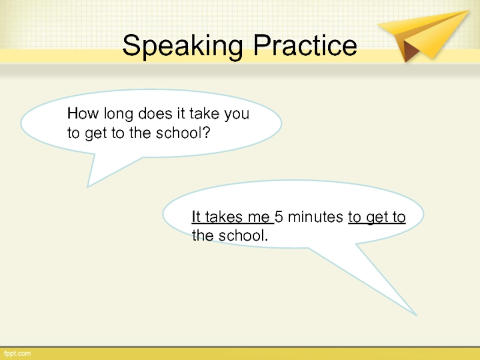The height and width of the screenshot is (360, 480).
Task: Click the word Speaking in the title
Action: [182, 46]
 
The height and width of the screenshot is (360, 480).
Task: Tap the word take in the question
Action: [205, 113]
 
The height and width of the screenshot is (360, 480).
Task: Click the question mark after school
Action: [206, 133]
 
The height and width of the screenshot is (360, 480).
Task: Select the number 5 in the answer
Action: [278, 217]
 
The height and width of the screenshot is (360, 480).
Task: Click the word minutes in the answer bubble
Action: [316, 217]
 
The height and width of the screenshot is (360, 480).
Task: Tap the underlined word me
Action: [259, 218]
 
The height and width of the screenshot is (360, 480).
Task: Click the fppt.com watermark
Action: [17, 353]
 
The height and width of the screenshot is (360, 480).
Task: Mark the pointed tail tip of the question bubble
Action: [88, 187]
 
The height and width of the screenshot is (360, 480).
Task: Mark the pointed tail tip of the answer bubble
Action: [416, 315]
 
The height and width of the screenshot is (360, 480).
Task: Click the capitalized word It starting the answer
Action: [196, 217]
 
